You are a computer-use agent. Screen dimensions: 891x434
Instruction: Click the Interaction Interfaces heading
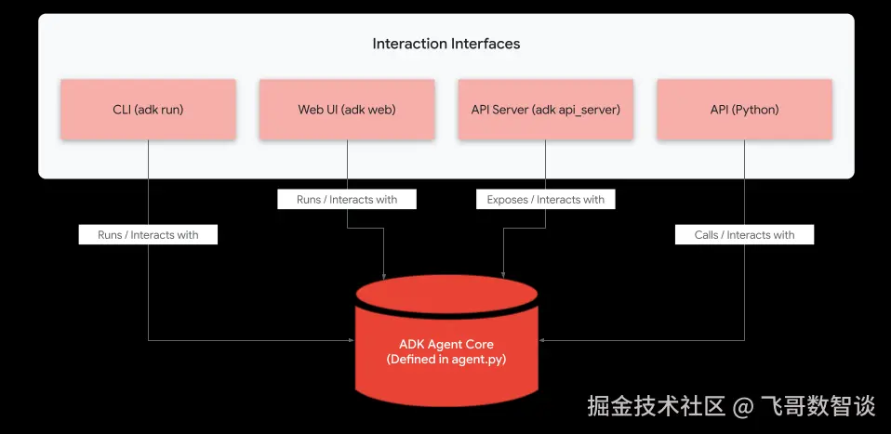[446, 44]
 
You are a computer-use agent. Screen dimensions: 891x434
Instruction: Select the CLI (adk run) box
[148, 110]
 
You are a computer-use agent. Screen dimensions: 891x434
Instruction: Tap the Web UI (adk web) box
[347, 110]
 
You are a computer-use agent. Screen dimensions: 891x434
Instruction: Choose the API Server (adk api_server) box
[546, 110]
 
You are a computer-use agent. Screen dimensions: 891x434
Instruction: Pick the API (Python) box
[744, 110]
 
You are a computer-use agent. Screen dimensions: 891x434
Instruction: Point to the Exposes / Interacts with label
[546, 200]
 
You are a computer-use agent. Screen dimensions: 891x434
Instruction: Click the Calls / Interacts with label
[744, 234]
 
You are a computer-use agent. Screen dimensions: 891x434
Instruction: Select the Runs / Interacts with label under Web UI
[347, 200]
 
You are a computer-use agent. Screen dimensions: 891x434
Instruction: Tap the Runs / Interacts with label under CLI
[148, 234]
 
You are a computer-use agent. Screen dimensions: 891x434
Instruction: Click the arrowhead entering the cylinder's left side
[352, 340]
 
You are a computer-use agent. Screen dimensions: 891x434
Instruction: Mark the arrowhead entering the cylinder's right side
[541, 340]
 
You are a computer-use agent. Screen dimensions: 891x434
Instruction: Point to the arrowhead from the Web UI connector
[385, 274]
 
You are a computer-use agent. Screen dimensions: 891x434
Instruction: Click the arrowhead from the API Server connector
[502, 274]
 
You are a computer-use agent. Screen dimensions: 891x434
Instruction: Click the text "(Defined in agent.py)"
[446, 360]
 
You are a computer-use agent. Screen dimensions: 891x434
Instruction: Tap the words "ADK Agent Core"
[446, 344]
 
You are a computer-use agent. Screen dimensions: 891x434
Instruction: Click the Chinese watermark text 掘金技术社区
[657, 407]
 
